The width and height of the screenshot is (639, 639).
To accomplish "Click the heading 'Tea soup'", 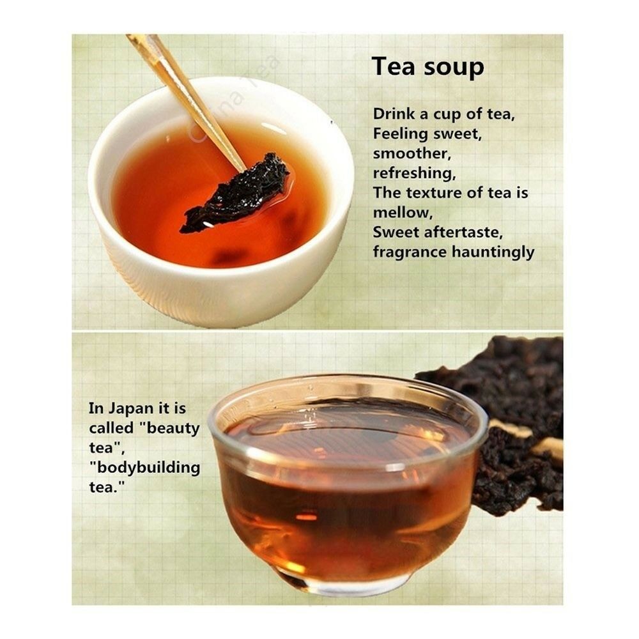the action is (x=428, y=67).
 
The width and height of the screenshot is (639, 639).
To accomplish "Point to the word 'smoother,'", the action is (x=412, y=153).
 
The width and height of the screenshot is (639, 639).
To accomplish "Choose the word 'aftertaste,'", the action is (x=463, y=233).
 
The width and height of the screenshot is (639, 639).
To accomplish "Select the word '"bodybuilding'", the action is (x=144, y=468).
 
